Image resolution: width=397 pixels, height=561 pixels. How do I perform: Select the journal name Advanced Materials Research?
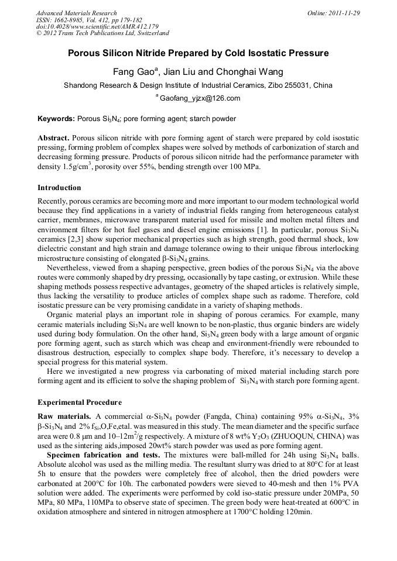coord(77,12)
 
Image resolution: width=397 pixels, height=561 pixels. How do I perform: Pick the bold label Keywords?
coord(56,119)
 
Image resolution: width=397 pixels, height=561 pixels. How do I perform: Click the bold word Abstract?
coord(53,139)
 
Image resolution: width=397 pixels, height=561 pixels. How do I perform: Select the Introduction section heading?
coord(59,188)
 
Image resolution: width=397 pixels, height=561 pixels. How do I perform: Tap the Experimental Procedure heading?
coord(80,402)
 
